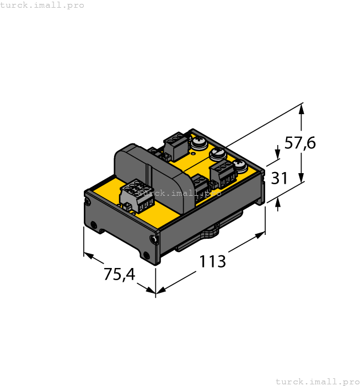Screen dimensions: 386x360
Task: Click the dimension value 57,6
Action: point(300,143)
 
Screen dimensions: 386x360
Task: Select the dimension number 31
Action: point(280,178)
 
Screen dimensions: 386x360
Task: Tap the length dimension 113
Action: point(212,261)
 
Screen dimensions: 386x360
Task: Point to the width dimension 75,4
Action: point(119,274)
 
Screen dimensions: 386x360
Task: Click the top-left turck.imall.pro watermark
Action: point(42,5)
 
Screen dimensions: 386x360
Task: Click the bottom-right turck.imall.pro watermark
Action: point(317,381)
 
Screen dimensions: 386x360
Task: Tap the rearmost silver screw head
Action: point(198,143)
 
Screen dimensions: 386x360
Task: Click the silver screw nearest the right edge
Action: point(240,164)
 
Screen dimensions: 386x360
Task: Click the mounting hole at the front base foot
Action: point(146,255)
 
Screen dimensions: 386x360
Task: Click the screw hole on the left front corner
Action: point(94,224)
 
